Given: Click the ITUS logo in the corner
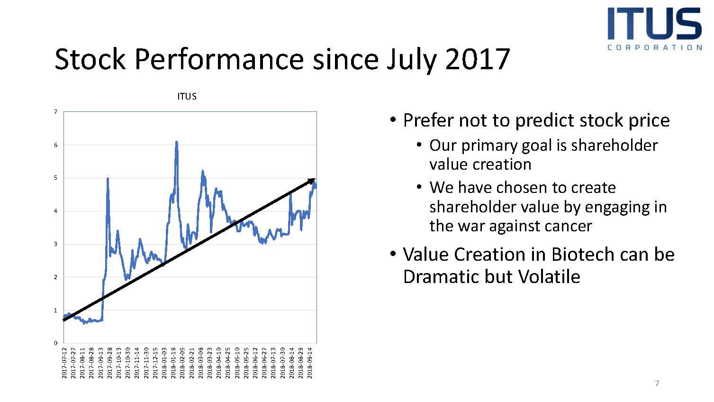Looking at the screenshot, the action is pos(654,29).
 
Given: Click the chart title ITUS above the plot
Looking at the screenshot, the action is pos(187,96).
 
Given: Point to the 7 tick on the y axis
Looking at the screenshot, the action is pos(56,112).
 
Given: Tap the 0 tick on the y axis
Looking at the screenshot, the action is pos(56,343).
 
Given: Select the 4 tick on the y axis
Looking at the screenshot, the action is pos(56,211).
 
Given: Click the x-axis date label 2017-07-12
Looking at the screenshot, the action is pos(64,363).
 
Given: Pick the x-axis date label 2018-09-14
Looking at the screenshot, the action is pos(309,363).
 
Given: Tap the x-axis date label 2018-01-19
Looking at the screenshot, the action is pos(173,363).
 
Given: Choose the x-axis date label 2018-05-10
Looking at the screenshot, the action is pos(237,363).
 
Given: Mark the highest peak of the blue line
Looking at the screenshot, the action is pos(177,142).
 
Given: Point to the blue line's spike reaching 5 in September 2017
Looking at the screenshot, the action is pos(108,178).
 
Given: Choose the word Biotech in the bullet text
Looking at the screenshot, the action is pos(589,255).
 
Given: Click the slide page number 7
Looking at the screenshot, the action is pos(657,383).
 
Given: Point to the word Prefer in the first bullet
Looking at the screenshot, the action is pos(427,120).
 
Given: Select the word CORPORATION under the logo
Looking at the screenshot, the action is pos(655,47).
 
